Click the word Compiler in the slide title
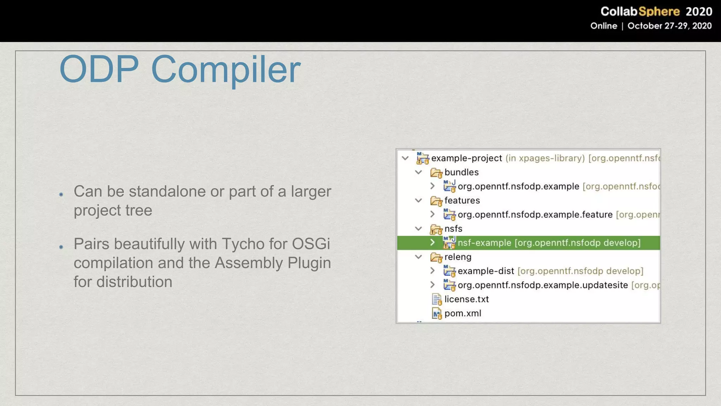[226, 69]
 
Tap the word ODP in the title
[99, 69]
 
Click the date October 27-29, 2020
[669, 26]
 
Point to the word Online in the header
[603, 26]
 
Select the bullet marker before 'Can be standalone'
[61, 195]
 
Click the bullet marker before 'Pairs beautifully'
[61, 247]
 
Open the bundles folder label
[462, 172]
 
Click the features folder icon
[436, 201]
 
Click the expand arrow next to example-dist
[432, 271]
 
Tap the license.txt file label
[466, 299]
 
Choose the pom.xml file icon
[437, 313]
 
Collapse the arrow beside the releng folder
[419, 257]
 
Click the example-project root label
[466, 158]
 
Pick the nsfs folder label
[453, 229]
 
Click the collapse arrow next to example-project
[405, 158]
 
